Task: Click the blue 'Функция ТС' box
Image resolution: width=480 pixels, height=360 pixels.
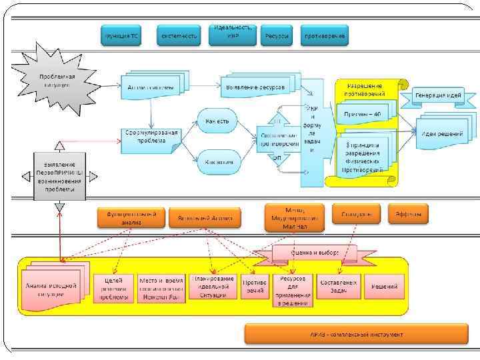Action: click(x=121, y=35)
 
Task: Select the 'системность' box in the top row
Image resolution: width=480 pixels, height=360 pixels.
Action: click(x=179, y=35)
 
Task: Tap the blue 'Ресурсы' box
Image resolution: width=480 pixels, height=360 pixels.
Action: click(x=276, y=35)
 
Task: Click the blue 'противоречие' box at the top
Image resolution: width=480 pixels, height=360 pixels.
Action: click(x=324, y=35)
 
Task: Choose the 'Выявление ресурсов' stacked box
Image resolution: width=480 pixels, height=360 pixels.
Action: click(x=255, y=87)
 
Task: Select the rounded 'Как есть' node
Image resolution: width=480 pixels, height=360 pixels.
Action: click(x=217, y=121)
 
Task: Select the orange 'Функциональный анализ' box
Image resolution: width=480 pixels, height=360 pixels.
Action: click(x=131, y=217)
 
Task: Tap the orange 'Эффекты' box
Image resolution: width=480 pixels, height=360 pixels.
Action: click(x=407, y=214)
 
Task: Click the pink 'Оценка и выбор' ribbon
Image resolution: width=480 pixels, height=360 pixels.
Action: click(x=315, y=253)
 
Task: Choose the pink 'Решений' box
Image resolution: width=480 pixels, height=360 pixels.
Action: click(x=385, y=287)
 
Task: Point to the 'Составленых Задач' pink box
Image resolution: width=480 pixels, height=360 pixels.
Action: click(x=339, y=287)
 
